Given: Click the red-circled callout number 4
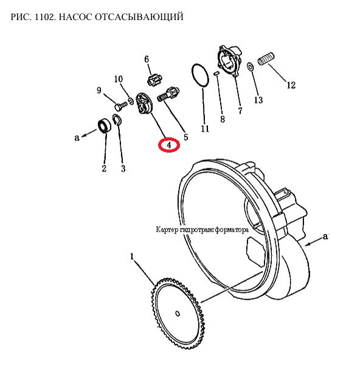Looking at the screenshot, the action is point(168,145).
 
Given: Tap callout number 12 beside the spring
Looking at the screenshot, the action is point(291,85).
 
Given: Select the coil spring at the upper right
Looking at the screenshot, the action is point(266,58).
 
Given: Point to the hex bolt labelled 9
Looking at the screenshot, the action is point(121,106).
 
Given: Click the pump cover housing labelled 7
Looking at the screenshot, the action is point(229,61).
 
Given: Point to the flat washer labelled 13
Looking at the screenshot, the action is point(250,67).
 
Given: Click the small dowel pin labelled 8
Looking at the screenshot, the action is point(216,74).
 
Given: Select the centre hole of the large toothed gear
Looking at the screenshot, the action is point(178,314).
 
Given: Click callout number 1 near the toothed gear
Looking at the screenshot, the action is point(132,257).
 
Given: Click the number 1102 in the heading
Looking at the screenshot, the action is point(44,17).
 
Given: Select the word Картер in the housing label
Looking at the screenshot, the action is point(167,230).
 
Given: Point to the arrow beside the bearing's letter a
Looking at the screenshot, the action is point(89,133).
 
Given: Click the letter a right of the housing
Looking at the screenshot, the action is point(325,236).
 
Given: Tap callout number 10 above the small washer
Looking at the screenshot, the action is point(119,79).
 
